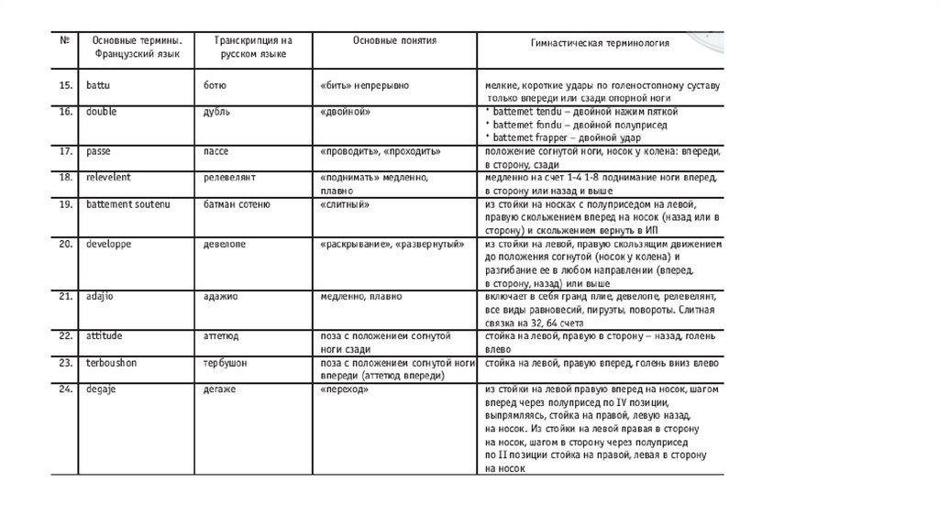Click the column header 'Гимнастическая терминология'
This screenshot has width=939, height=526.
[601, 43]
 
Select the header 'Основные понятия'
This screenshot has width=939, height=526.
[394, 41]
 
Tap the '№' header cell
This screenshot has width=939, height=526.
[65, 42]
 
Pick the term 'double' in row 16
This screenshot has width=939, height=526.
[100, 111]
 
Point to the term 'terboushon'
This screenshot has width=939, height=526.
[112, 362]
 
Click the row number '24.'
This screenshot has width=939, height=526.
[65, 389]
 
